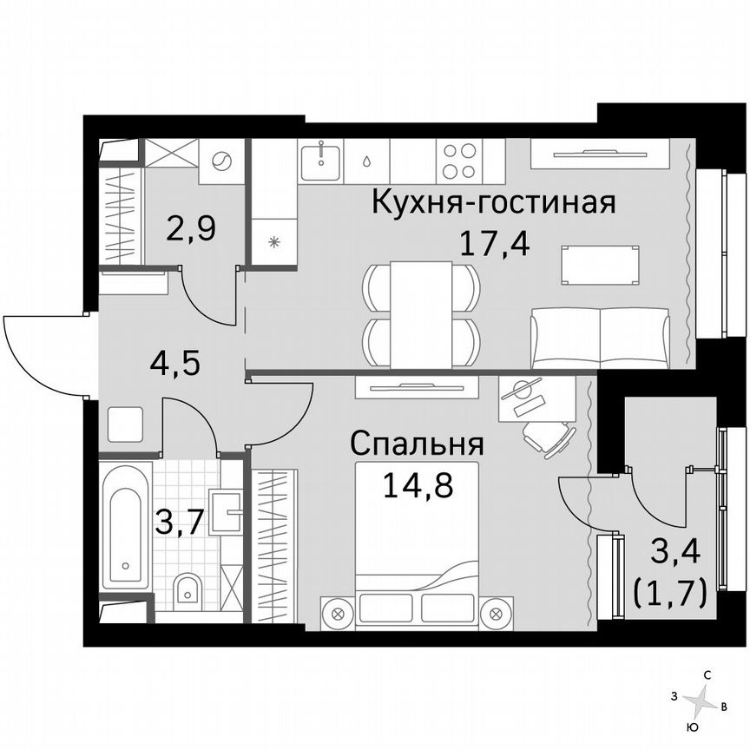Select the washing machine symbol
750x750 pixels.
(221, 161)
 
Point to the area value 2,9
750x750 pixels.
(191, 232)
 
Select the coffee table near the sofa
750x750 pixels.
(601, 265)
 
